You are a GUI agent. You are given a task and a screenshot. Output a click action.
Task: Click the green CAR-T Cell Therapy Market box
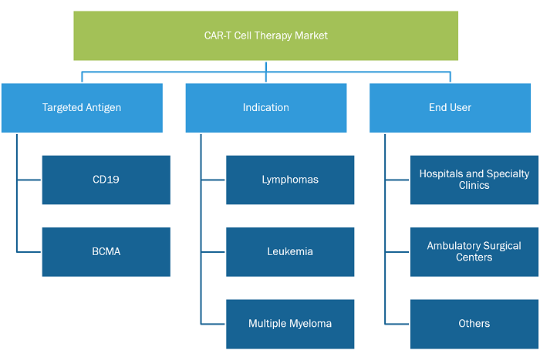tap(266, 35)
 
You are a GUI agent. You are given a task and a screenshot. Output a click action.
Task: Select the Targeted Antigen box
tap(82, 108)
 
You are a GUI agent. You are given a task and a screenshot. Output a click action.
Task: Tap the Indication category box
tap(266, 108)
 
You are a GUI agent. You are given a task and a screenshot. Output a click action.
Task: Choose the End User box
tap(450, 108)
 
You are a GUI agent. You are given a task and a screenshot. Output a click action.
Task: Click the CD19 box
tap(106, 180)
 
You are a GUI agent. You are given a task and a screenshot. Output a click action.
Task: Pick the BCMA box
tap(106, 252)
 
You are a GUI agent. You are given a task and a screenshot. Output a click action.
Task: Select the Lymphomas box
tap(290, 180)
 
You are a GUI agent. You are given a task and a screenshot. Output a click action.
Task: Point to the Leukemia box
tap(290, 252)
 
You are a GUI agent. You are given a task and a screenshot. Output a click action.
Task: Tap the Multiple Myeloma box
tap(290, 324)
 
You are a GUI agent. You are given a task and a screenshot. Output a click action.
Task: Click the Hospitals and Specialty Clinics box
tap(474, 180)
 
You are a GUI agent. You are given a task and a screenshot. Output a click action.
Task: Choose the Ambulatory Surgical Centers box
tap(474, 252)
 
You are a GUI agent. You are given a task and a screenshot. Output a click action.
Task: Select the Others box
tap(474, 324)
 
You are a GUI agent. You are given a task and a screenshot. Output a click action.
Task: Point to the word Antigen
tap(103, 108)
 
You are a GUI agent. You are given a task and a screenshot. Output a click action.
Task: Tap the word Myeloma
tap(311, 324)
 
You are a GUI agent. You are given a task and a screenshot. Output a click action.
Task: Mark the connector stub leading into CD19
tap(29, 180)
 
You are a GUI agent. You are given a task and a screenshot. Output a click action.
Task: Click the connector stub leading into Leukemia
tap(213, 252)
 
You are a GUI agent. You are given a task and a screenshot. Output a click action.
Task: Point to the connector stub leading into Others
tap(397, 324)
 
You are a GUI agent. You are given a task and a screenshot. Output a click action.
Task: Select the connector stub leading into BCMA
tap(29, 252)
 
